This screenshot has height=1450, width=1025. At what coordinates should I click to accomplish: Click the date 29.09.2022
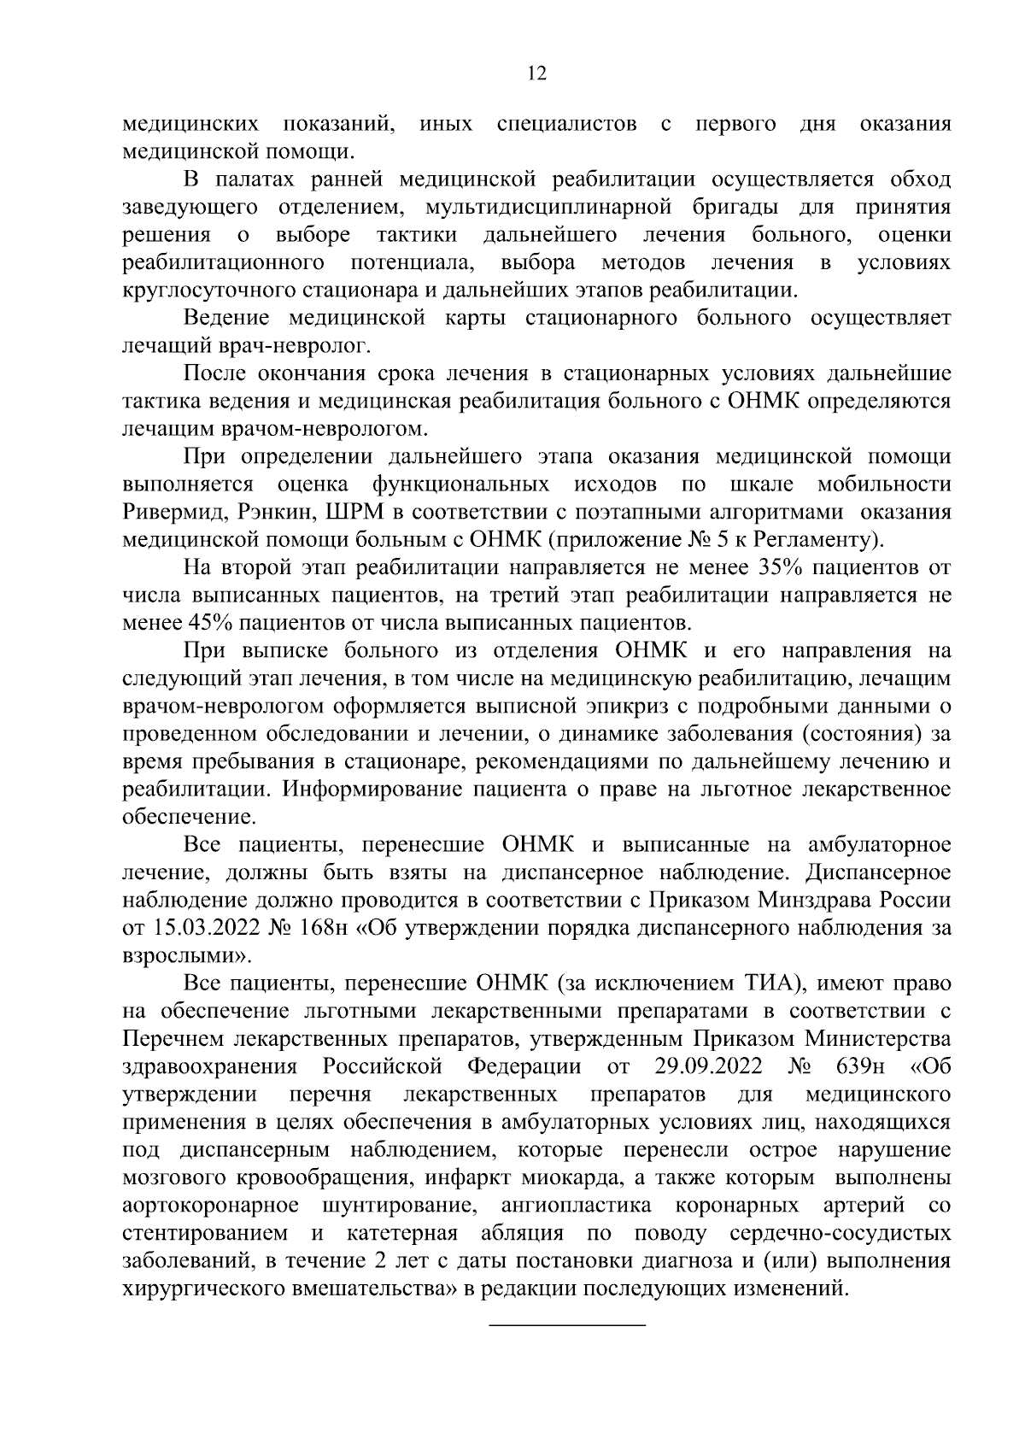[x=710, y=1066]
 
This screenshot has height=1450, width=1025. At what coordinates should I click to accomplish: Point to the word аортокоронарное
[x=210, y=1206]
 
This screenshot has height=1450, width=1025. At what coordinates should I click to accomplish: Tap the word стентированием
[x=204, y=1233]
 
